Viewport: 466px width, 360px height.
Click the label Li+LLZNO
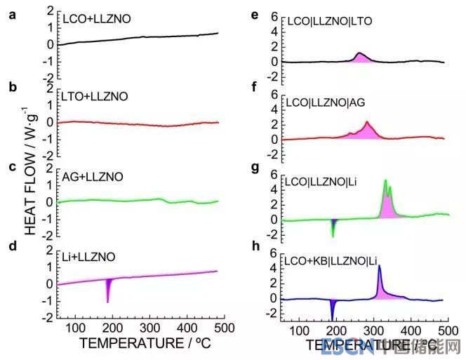(x=88, y=258)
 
